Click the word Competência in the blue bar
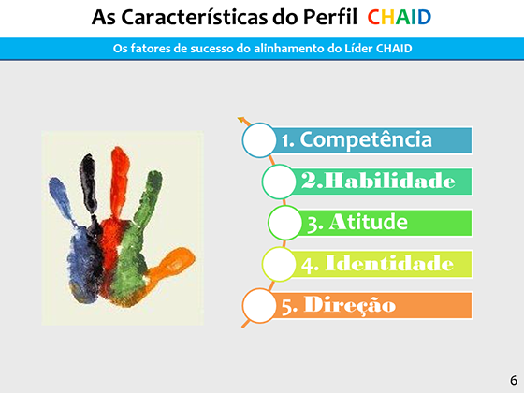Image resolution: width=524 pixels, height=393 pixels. point(366,139)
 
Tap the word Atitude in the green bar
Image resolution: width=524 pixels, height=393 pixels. point(369,222)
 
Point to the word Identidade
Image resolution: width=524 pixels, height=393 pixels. point(389,263)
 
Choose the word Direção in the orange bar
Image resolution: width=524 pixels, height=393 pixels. point(350,305)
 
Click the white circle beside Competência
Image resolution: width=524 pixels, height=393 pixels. point(259,140)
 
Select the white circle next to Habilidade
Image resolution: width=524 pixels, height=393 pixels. point(279,182)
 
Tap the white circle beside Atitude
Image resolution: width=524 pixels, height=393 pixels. point(285,223)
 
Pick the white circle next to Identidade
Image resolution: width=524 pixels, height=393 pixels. point(279,264)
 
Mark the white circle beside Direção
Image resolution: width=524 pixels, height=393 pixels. point(259,305)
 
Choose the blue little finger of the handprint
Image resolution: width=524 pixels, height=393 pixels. point(62,200)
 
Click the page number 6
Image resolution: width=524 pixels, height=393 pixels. point(514,380)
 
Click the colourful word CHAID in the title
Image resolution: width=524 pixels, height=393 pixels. point(400,18)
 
